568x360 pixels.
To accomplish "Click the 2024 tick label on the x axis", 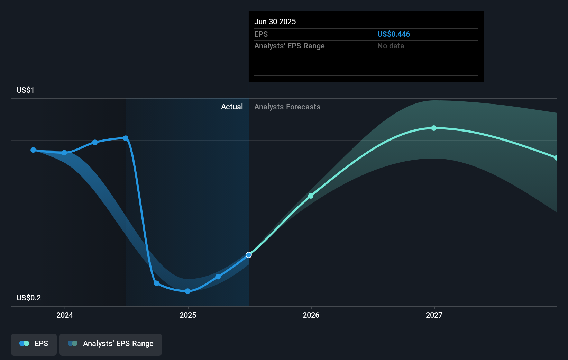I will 65,315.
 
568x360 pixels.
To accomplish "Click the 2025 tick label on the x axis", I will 188,315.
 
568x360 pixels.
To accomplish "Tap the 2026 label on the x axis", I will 311,315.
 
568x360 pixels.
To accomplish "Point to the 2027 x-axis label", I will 434,315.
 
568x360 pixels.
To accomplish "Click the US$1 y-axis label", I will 25,90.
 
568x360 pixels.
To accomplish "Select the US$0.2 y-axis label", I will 29,298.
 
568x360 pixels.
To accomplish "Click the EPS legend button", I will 34,344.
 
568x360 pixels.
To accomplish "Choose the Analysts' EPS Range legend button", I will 111,344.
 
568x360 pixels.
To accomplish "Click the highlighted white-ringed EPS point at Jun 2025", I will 249,255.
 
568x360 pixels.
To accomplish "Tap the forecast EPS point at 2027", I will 434,128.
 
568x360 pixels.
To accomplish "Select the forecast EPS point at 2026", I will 311,196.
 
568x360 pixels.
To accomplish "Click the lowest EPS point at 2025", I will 187,291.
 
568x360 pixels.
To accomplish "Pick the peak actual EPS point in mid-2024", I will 126,138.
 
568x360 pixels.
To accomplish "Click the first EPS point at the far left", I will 33,150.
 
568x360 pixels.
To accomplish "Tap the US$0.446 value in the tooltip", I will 393,34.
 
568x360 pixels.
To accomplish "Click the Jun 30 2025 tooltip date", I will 275,22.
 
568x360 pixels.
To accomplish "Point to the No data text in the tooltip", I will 391,46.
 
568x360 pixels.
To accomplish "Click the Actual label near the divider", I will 232,107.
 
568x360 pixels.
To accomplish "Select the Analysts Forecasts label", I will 287,107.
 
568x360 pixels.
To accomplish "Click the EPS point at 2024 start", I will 64,153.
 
